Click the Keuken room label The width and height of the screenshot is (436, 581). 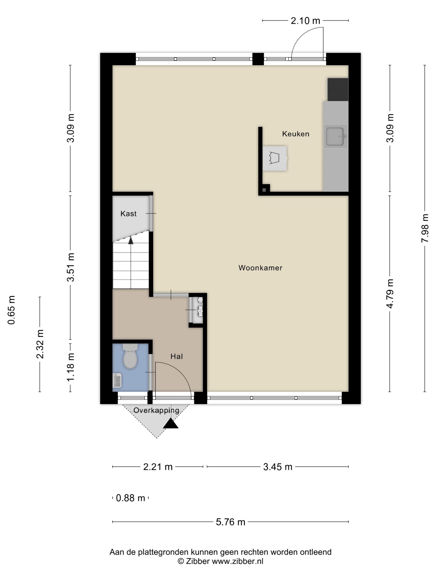[295, 134]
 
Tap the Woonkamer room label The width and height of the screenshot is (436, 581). [260, 268]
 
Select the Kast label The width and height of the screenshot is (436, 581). [129, 214]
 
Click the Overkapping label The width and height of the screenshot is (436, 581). [156, 410]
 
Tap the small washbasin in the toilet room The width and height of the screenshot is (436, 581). [117, 380]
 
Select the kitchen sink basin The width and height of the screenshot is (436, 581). [335, 136]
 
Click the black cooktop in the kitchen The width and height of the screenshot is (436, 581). [338, 89]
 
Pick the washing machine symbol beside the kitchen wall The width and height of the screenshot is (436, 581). [275, 158]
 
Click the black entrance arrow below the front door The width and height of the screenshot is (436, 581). [171, 424]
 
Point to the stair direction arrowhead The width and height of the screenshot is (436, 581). [131, 240]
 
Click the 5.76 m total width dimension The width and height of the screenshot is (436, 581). [230, 522]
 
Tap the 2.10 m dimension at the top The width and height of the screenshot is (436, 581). [305, 21]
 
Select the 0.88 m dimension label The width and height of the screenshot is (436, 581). [130, 498]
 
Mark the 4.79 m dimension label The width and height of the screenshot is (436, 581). [390, 293]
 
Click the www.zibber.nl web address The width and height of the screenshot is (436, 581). [238, 561]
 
